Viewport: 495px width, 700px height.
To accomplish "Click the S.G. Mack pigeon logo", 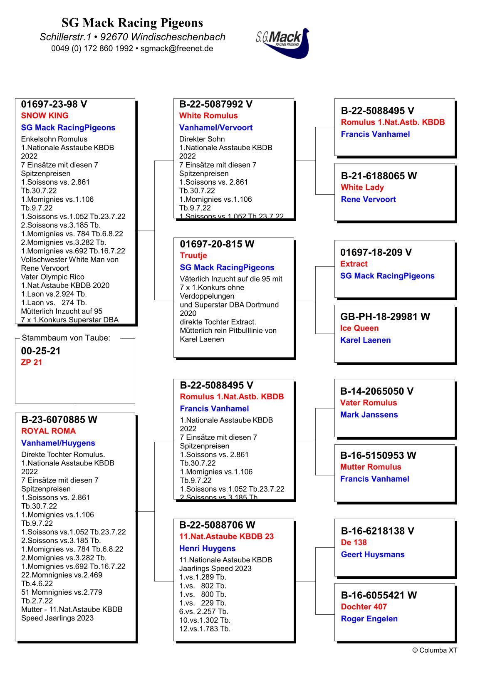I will (x=283, y=42).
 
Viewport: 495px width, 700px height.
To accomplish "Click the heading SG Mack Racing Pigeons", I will (x=132, y=22).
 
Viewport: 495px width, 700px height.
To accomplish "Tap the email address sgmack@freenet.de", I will (x=177, y=48).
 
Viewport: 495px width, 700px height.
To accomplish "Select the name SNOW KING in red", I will (x=45, y=116).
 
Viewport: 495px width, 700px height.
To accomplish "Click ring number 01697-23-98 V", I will (x=54, y=104).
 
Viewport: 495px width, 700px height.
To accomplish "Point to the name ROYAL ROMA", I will (x=48, y=431).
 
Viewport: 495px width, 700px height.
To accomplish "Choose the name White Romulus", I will (x=208, y=116).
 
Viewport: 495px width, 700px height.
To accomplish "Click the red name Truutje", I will (x=193, y=255).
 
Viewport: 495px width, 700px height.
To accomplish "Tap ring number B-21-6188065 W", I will (x=379, y=176).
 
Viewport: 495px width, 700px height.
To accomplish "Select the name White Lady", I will (x=362, y=188).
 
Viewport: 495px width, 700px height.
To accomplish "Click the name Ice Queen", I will (x=359, y=328).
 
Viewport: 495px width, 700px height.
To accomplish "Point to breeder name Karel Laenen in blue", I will (x=365, y=340).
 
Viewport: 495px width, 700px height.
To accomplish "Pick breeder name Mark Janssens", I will (x=369, y=415).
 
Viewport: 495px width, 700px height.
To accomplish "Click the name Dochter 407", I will (x=364, y=607).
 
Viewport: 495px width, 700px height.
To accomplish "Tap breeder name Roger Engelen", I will (x=369, y=619).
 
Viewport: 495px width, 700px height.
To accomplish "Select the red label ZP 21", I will (x=32, y=362).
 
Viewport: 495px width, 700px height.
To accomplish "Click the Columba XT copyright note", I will (x=434, y=650).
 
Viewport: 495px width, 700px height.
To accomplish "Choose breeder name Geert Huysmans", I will (x=372, y=554).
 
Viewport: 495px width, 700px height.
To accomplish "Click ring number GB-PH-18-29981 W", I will (x=385, y=317).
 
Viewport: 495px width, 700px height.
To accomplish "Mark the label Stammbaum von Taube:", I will (x=66, y=338).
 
